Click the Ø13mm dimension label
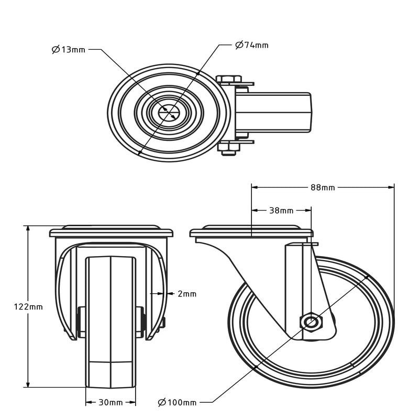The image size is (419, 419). pyautogui.click(x=69, y=50)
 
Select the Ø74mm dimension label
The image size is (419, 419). pyautogui.click(x=252, y=45)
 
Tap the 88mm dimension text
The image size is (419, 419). pyautogui.click(x=323, y=188)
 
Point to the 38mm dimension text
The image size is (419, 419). pyautogui.click(x=281, y=211)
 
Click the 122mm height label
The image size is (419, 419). pyautogui.click(x=28, y=307)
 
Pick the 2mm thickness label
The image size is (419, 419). pyautogui.click(x=187, y=294)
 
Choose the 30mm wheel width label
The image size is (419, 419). pyautogui.click(x=111, y=402)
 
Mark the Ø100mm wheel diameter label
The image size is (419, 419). pyautogui.click(x=177, y=402)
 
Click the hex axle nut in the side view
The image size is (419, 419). pyautogui.click(x=311, y=322)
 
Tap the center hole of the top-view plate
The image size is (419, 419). pyautogui.click(x=169, y=112)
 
